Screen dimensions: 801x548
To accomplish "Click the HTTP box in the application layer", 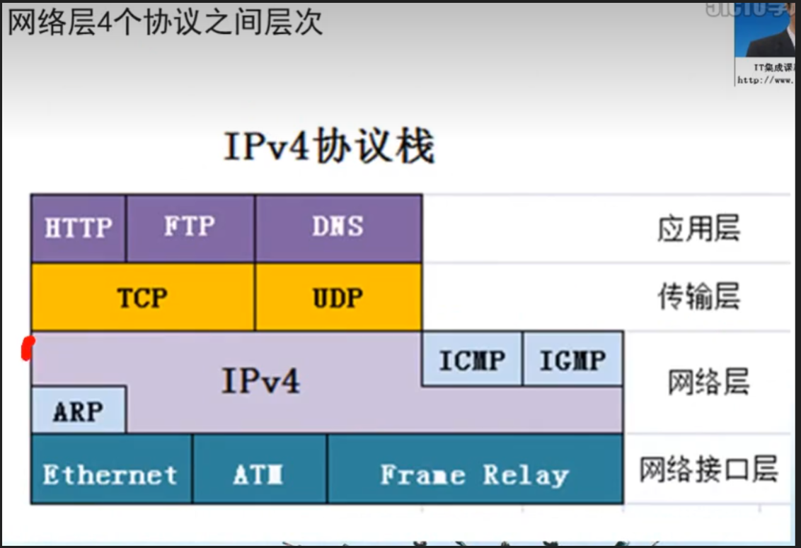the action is (x=79, y=228).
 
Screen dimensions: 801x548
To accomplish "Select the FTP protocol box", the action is (x=190, y=228).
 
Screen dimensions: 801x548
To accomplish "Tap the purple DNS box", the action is (x=338, y=228).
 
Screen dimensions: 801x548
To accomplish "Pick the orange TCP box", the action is (x=142, y=298).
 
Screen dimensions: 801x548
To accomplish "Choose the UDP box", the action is (x=338, y=298).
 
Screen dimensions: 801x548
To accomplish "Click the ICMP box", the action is (x=472, y=359).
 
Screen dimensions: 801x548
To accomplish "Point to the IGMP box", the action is (x=572, y=359).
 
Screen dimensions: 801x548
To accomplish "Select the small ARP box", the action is (x=78, y=410).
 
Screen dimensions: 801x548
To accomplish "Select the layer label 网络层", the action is (x=708, y=382).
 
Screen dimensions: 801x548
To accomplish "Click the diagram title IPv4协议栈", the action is (x=329, y=148).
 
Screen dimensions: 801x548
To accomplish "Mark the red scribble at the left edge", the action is (x=28, y=349).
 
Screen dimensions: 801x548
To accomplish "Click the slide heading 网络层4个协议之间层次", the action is (x=165, y=22).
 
